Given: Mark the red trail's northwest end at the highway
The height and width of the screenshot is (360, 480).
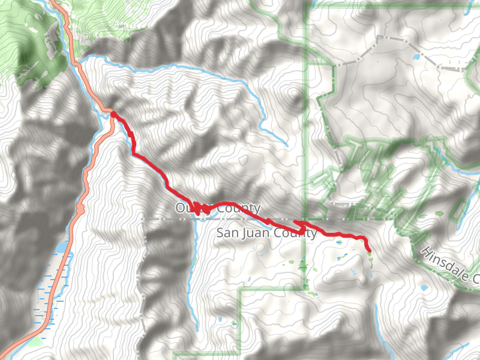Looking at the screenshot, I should (112, 113).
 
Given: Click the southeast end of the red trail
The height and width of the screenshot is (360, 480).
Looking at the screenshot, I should (368, 250).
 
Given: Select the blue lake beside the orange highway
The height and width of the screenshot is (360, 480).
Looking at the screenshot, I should (61, 247).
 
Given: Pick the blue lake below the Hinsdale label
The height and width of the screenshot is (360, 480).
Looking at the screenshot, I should (425, 288).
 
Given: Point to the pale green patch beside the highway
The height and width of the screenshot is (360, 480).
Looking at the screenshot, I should (36, 342).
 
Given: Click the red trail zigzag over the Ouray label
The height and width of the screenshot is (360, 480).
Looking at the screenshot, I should (201, 208).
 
